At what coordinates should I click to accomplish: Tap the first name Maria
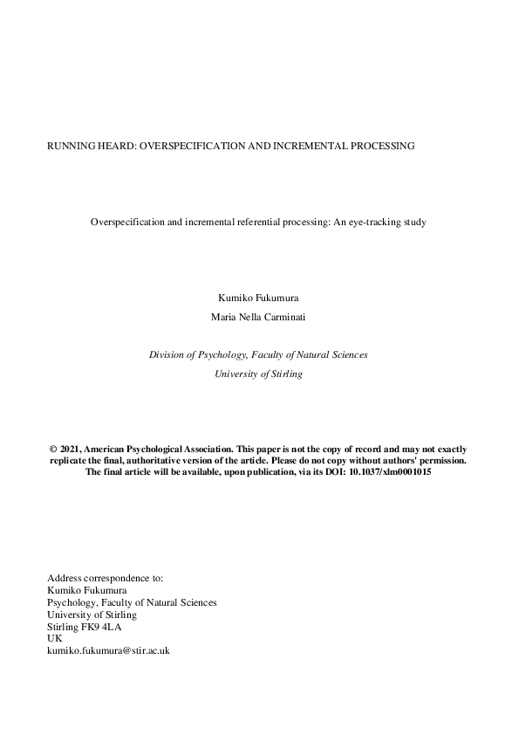coord(224,317)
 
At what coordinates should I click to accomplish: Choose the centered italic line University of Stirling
coord(258,374)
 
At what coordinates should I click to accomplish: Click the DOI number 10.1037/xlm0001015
coord(390,471)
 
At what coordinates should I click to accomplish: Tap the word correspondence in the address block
coord(113,578)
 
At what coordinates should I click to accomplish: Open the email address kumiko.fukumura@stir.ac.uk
coord(107,651)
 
